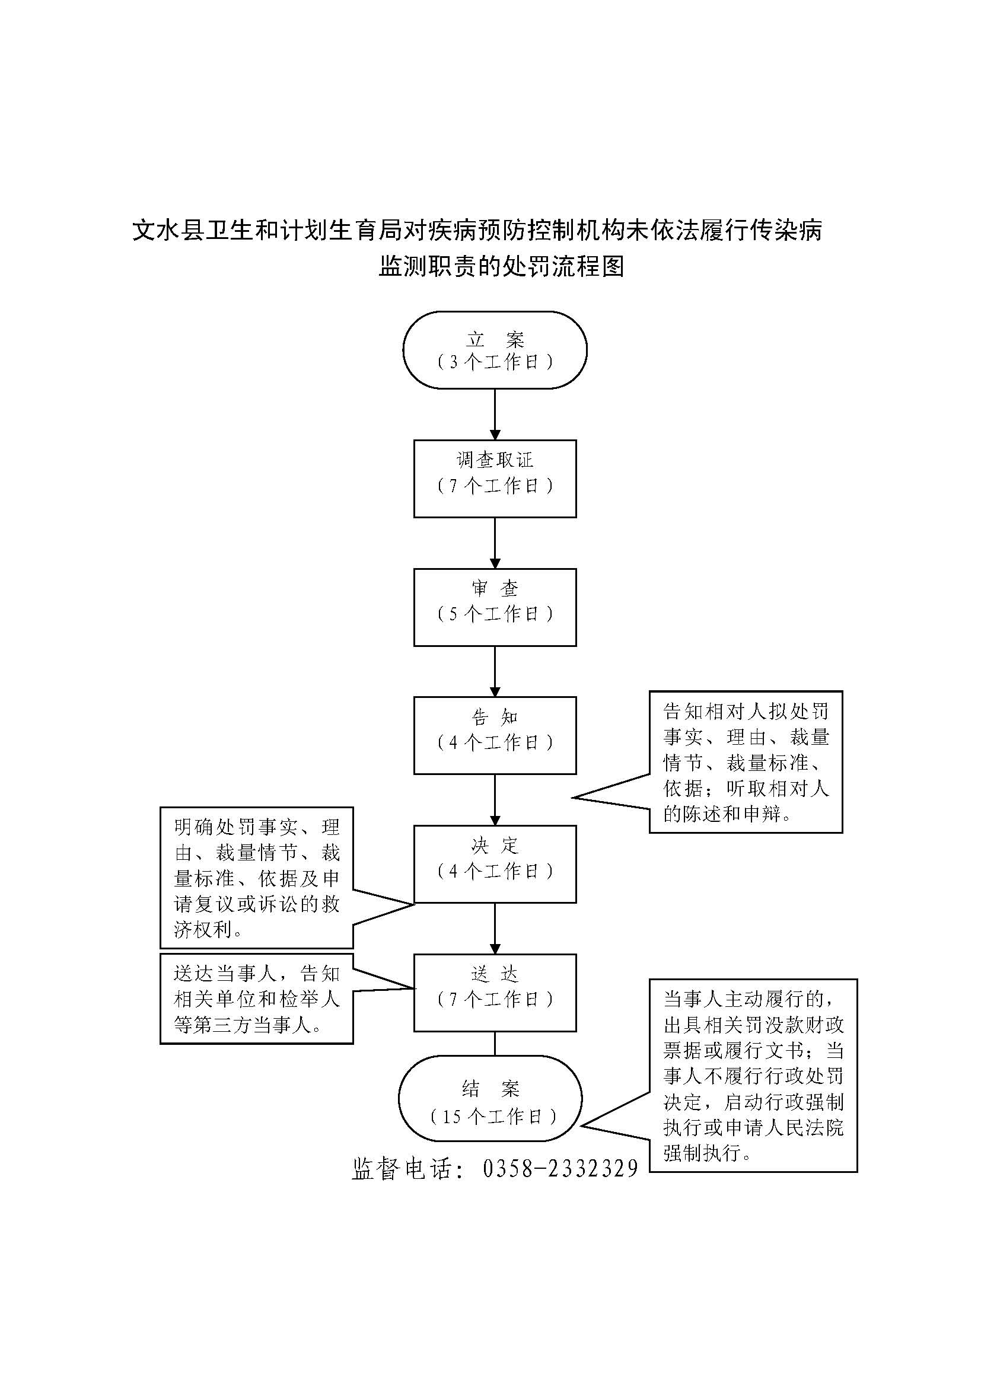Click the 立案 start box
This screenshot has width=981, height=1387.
click(x=495, y=350)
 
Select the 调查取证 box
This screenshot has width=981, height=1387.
click(x=495, y=479)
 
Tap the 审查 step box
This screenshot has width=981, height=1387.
click(x=495, y=607)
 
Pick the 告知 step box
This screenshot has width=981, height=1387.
click(x=495, y=735)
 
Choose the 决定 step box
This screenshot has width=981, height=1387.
click(x=495, y=864)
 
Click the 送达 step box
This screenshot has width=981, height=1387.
click(x=495, y=993)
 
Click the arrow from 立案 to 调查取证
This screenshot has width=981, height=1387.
click(x=495, y=414)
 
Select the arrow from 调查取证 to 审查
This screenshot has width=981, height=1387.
click(x=495, y=543)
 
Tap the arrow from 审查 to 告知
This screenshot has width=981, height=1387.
click(x=495, y=671)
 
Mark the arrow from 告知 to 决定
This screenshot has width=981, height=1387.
click(x=495, y=800)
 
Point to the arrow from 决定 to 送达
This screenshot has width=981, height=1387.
click(x=495, y=929)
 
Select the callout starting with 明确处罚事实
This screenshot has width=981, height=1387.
click(x=256, y=878)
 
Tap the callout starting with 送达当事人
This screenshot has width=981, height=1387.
click(x=256, y=999)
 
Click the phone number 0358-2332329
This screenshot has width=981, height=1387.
click(x=560, y=1168)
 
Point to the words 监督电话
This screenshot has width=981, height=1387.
click(x=401, y=1168)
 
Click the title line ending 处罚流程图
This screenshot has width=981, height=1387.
click(x=501, y=266)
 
